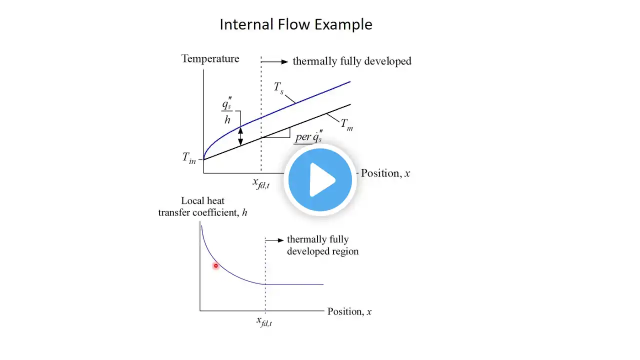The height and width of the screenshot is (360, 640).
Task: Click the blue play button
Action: click(x=320, y=180)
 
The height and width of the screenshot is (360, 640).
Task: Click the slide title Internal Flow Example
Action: click(x=296, y=24)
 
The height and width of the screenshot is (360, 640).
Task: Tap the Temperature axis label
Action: click(x=210, y=59)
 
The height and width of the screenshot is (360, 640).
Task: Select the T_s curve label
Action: click(x=278, y=88)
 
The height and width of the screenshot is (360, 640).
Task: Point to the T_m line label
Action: click(x=346, y=124)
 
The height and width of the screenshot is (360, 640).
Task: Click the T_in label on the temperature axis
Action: click(x=189, y=158)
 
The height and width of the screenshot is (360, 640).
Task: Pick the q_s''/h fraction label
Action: click(x=227, y=112)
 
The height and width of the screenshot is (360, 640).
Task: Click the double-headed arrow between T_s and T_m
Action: click(x=240, y=135)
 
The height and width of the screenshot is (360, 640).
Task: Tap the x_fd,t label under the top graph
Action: click(x=260, y=183)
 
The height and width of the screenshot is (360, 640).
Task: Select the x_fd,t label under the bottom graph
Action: click(x=264, y=321)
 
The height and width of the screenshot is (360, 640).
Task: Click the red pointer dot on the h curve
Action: click(x=216, y=266)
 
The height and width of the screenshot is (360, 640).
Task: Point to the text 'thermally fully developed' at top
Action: click(x=352, y=61)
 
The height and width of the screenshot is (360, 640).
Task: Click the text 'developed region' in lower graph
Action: click(x=322, y=251)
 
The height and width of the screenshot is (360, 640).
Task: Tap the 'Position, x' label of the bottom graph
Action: click(x=349, y=311)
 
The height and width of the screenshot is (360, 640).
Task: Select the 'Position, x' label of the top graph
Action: click(x=385, y=173)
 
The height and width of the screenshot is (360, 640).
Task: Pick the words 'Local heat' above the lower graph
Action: click(x=202, y=201)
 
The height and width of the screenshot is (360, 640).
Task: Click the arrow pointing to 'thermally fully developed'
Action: click(x=275, y=61)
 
